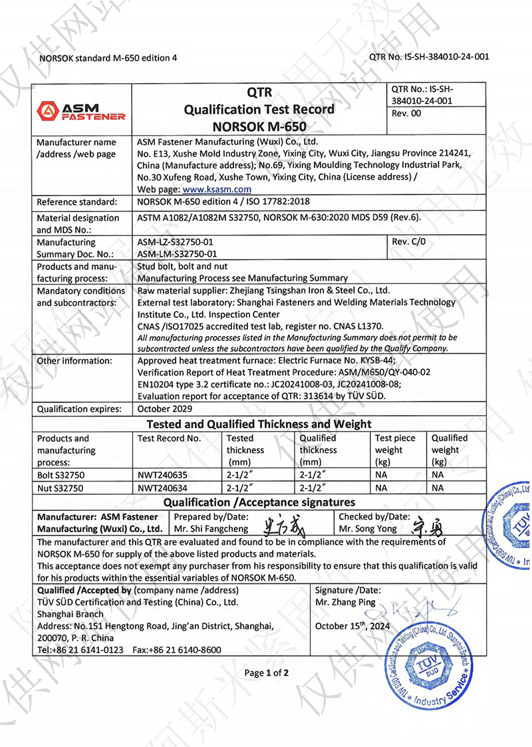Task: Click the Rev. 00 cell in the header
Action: [406, 114]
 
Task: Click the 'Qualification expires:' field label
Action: [79, 409]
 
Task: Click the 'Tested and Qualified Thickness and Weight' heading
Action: [259, 424]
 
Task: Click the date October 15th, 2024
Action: [352, 626]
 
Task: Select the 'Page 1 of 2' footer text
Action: [267, 673]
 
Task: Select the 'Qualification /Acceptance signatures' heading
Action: [259, 502]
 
